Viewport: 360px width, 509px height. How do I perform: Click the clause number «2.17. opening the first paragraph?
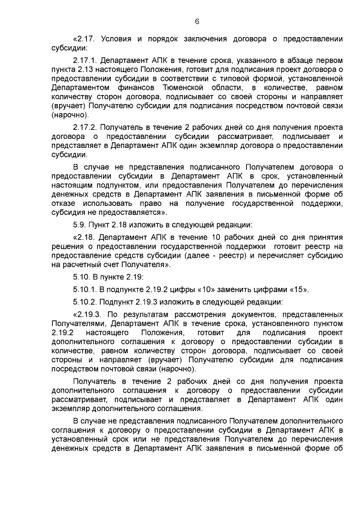(85, 39)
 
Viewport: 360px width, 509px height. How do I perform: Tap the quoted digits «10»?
(222, 290)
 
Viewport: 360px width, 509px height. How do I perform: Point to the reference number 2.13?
(82, 69)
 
